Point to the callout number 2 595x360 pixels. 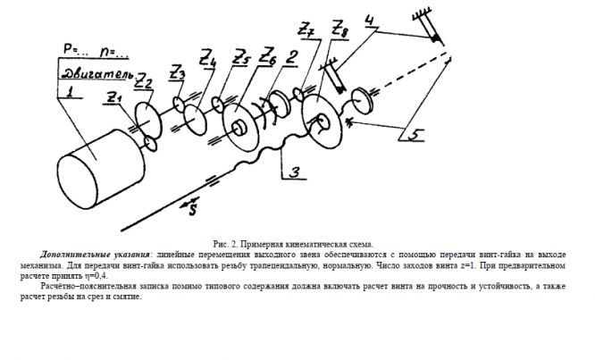coord(292,56)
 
